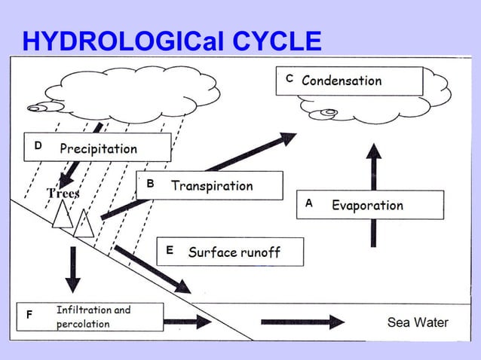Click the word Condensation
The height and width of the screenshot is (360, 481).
tap(342, 81)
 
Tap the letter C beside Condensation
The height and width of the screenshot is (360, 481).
tap(290, 78)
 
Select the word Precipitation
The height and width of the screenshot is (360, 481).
tap(99, 148)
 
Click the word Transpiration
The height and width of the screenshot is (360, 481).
tap(212, 185)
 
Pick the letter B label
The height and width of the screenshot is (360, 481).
tap(150, 184)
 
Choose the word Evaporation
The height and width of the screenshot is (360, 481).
tap(367, 205)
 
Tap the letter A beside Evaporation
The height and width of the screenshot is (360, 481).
tap(308, 203)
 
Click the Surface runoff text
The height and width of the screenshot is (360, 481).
tap(234, 252)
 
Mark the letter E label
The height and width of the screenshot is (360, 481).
tap(170, 250)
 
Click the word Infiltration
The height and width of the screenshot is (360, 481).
tap(84, 310)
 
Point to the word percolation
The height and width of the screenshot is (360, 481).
tap(83, 324)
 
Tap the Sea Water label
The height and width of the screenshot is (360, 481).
tap(418, 322)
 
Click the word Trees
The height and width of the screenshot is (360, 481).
tap(63, 194)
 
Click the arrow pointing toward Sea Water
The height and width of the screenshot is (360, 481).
tap(302, 322)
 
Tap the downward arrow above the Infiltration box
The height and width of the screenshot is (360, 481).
tap(72, 269)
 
